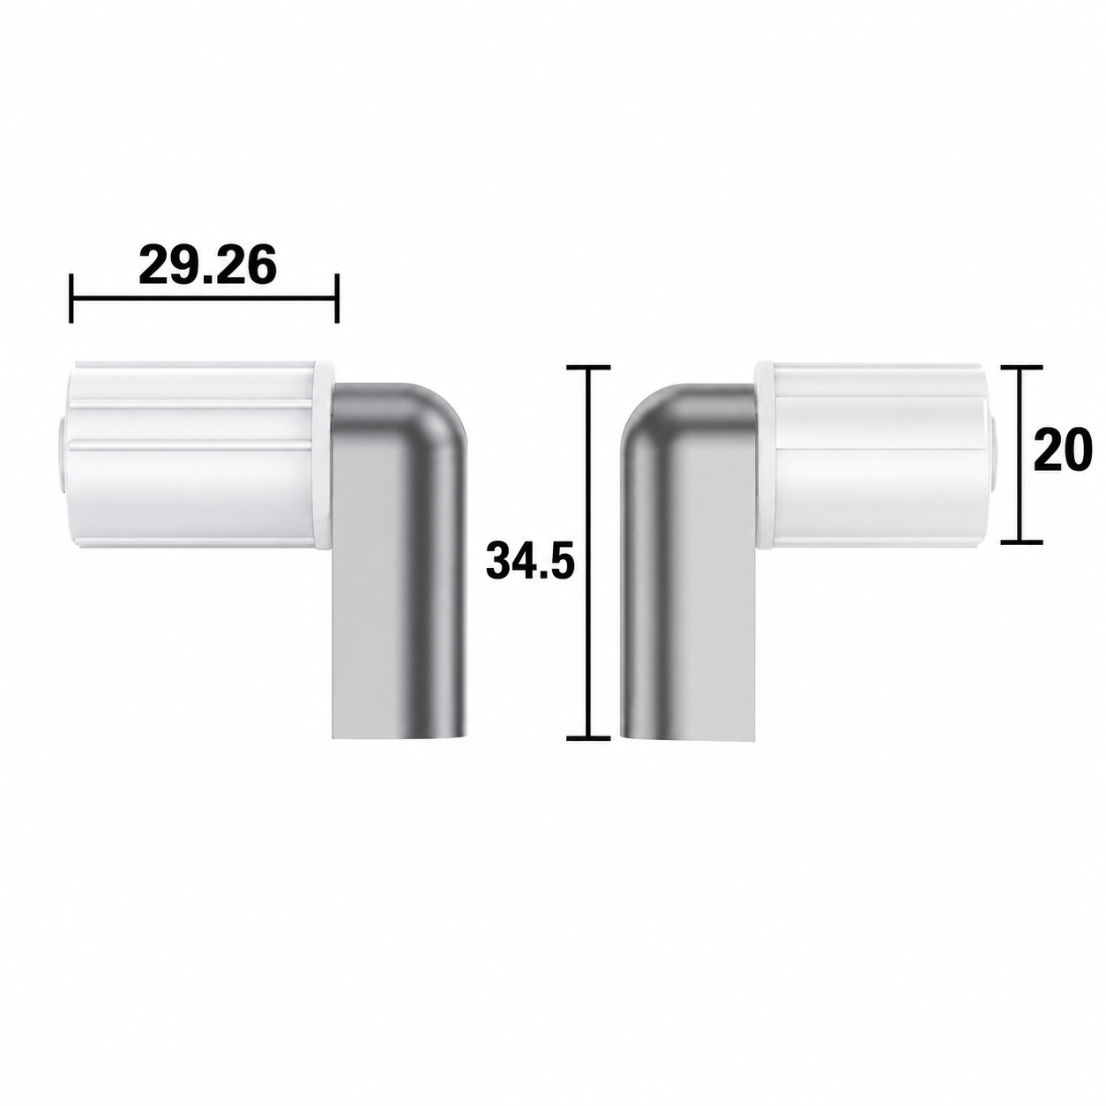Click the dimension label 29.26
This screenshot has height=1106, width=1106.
pyautogui.click(x=207, y=265)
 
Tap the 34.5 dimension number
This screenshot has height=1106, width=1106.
pyautogui.click(x=530, y=560)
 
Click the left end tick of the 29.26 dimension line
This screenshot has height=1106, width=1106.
pyautogui.click(x=71, y=298)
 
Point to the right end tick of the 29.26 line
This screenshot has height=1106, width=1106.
pyautogui.click(x=338, y=298)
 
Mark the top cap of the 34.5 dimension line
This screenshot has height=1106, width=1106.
pyautogui.click(x=587, y=367)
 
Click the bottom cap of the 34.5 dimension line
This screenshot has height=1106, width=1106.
pyautogui.click(x=587, y=737)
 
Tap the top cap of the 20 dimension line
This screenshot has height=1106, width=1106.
pyautogui.click(x=1021, y=367)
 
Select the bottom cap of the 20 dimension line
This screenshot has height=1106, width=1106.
pyautogui.click(x=1021, y=542)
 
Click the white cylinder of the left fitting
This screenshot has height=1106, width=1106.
pyautogui.click(x=192, y=454)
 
